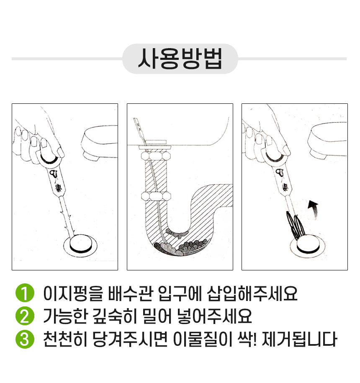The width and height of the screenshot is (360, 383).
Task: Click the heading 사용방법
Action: [180, 59]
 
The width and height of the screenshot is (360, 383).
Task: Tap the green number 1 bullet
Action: [24, 293]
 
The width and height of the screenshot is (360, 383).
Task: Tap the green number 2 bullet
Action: [24, 316]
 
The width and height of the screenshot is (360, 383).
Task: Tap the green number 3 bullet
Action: [24, 339]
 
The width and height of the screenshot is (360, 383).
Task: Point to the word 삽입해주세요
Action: [252, 293]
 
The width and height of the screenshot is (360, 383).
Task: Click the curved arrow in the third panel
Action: [313, 207]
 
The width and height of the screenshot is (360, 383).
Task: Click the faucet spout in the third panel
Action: [329, 143]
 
